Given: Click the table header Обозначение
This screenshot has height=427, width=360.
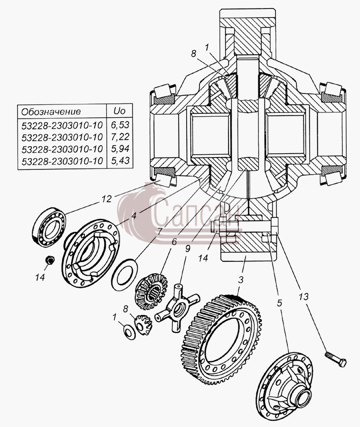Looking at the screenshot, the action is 51,111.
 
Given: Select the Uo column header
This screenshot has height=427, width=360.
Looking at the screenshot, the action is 119,111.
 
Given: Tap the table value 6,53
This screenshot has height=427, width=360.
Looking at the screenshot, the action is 120,125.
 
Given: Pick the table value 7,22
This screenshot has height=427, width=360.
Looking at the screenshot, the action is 120,137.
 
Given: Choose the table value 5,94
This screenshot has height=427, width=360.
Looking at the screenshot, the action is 120,149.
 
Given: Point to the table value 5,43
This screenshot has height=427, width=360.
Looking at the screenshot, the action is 120,160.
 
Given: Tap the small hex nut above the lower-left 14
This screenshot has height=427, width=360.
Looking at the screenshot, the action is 50,260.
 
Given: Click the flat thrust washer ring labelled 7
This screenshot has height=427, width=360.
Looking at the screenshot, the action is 124,275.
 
